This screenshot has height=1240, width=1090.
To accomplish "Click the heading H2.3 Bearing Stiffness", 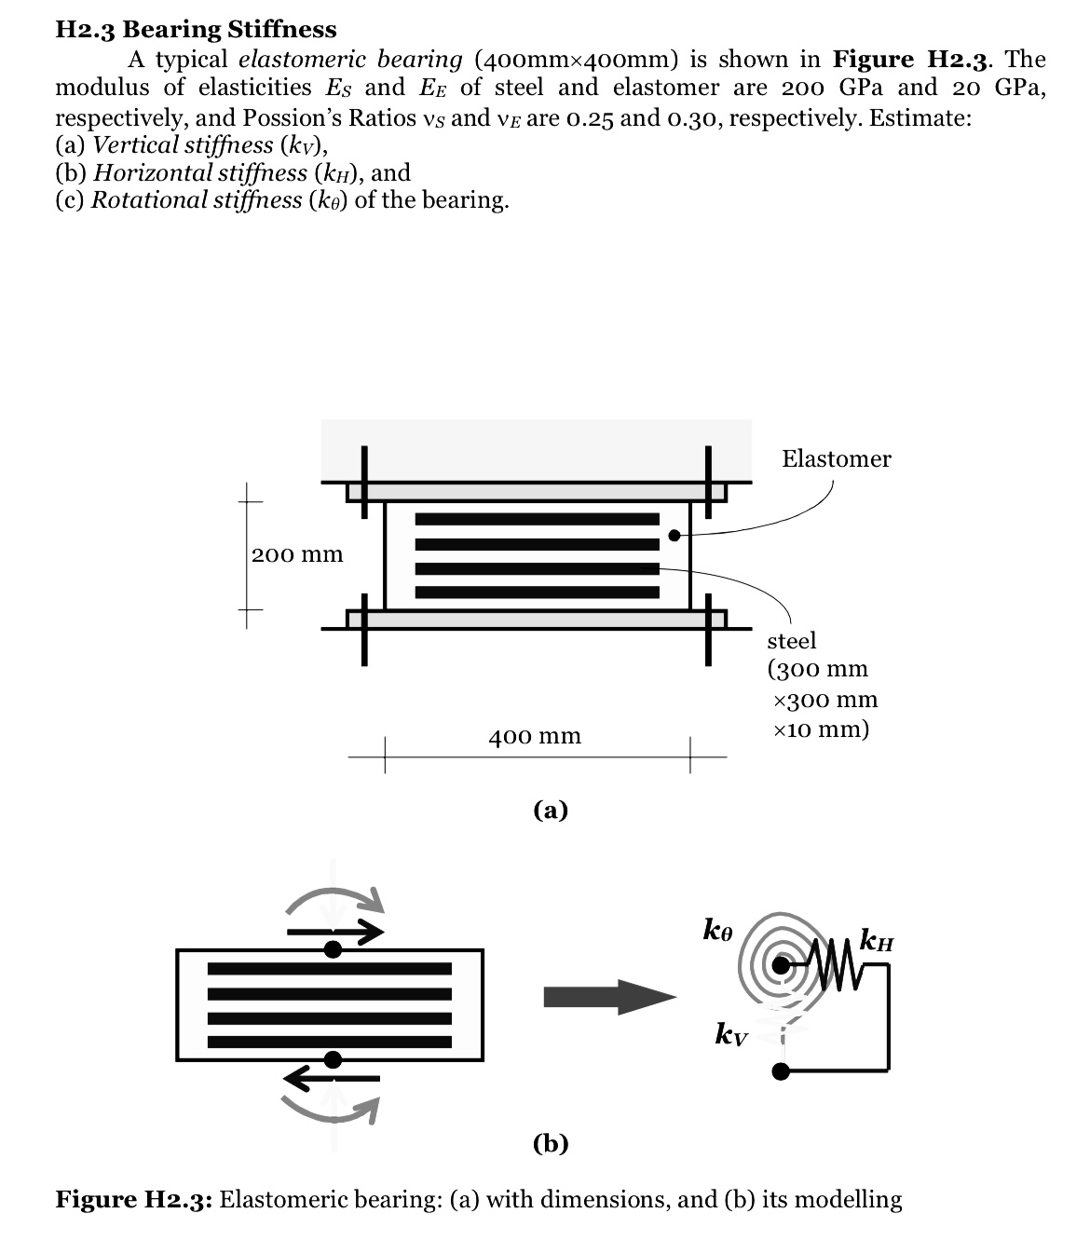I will point(196,30).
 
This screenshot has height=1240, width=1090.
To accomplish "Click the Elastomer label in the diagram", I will point(836,458).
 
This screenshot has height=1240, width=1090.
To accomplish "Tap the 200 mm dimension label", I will point(297,555).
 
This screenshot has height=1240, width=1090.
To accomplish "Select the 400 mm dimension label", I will point(535,737).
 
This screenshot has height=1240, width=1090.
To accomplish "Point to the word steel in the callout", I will point(791,641).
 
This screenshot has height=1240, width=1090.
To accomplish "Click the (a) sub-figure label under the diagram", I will point(551,810).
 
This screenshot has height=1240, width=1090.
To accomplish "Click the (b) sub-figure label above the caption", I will point(551,1142).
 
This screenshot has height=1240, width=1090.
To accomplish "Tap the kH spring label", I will point(877,939).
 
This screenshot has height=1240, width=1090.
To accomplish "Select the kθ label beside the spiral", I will point(718,929).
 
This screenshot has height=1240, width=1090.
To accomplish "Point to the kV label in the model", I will point(730,1033).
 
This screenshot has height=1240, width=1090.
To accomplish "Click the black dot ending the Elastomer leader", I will point(674,536).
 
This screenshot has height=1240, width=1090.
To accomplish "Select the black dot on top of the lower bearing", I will point(333,949).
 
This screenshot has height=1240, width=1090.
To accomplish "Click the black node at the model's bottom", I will point(783,1071).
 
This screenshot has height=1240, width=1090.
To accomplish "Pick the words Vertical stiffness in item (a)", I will point(184,145).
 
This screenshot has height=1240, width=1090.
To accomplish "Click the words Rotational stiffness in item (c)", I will point(197,201).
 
